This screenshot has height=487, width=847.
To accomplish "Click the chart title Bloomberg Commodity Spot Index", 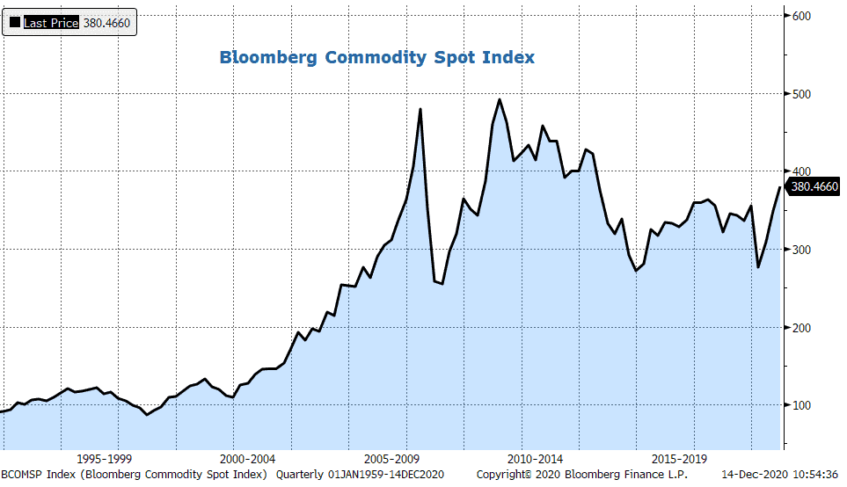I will pyautogui.click(x=376, y=58).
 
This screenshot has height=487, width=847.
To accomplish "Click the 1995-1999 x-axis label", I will pyautogui.click(x=105, y=459).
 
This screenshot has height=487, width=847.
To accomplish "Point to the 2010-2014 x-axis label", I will pyautogui.click(x=536, y=459).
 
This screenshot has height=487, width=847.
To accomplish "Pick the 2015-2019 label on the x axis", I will pyautogui.click(x=679, y=459).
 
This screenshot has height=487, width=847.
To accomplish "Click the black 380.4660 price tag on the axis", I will pyautogui.click(x=814, y=186).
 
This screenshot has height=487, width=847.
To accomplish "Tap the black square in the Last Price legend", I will pyautogui.click(x=14, y=23).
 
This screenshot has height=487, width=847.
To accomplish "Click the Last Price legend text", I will pyautogui.click(x=51, y=23).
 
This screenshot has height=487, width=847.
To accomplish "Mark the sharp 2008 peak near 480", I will pyautogui.click(x=420, y=110).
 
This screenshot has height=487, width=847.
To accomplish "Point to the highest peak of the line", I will pyautogui.click(x=500, y=100).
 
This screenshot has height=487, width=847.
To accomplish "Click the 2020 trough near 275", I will pyautogui.click(x=758, y=266).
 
